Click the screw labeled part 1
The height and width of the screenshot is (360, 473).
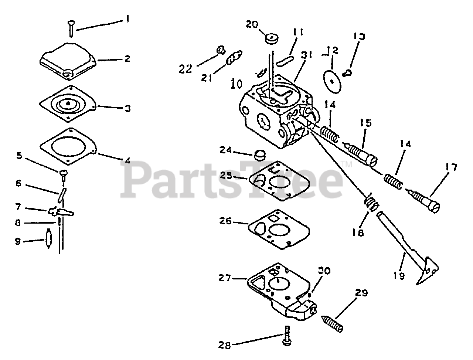click(x=71, y=28)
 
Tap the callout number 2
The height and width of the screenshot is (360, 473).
click(x=127, y=59)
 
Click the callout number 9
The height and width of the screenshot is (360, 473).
click(x=17, y=241)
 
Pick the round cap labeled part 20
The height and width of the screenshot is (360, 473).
click(x=272, y=38)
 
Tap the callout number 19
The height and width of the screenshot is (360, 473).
click(x=400, y=276)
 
